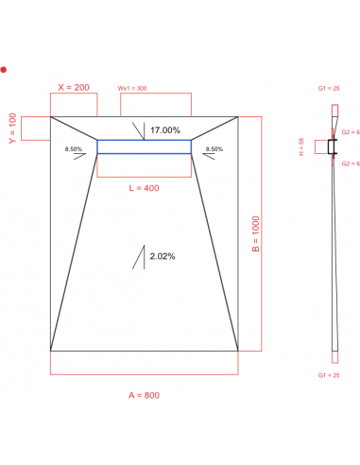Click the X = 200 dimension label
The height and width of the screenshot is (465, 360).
73,87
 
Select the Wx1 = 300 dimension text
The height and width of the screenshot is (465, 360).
132,88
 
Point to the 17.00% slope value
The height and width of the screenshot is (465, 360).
165,129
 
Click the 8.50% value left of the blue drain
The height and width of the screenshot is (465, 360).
74,149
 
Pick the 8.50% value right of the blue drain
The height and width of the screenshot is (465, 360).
214,149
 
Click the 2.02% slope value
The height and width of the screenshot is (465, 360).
163,256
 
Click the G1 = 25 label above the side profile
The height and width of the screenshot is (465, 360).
330,88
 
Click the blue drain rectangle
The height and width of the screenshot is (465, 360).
144,146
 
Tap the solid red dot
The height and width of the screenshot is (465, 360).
5,70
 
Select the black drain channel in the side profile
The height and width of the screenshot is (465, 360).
332,146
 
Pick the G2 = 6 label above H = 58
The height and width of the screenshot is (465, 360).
351,132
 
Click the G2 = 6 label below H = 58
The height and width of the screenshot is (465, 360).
351,164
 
